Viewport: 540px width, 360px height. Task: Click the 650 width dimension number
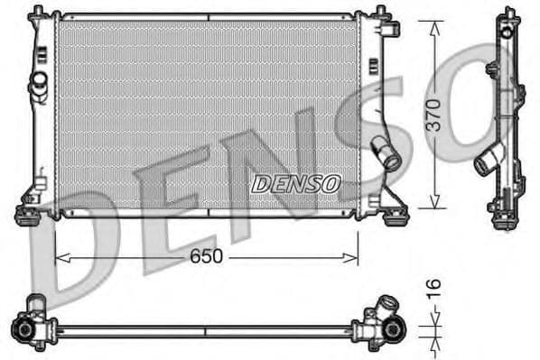tap(207, 256)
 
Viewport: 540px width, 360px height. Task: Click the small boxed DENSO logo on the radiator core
tap(295, 184)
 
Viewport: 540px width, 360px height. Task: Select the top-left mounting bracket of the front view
tap(39, 14)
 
